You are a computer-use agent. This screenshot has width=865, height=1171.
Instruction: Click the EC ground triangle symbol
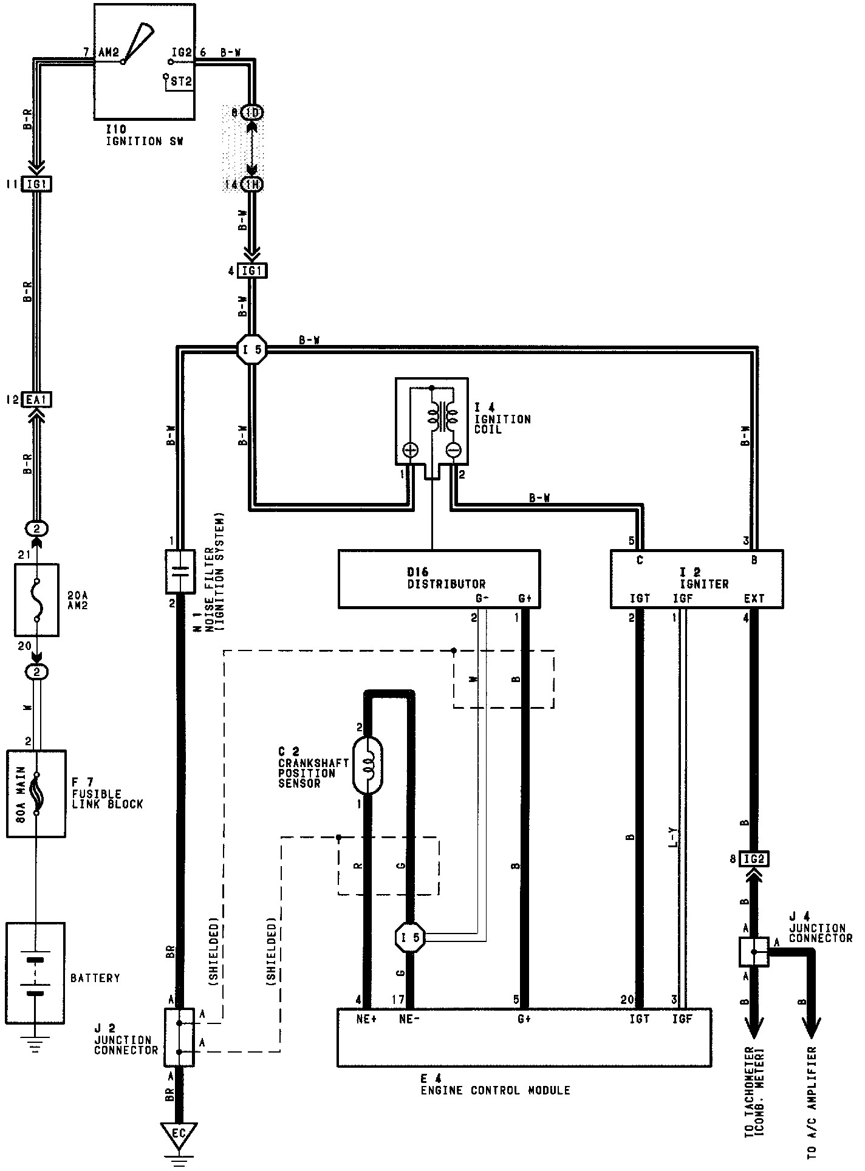[179, 1133]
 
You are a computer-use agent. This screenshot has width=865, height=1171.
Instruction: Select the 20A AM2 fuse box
[36, 599]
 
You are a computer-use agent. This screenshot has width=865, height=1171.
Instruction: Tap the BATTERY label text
[95, 978]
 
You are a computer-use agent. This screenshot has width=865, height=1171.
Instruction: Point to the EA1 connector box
[37, 400]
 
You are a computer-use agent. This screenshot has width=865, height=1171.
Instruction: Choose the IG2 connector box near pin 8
[754, 859]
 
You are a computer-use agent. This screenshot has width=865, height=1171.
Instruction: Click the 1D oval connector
[252, 112]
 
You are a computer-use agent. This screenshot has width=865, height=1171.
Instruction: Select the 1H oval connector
[252, 185]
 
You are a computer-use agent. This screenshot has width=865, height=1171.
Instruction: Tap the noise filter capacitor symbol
[180, 571]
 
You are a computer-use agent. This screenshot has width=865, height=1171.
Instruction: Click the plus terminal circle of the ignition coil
[411, 450]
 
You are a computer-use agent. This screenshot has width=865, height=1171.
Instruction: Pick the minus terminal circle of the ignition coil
[453, 450]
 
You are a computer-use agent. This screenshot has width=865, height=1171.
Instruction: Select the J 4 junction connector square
[754, 952]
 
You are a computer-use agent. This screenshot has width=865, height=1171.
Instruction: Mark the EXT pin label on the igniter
[754, 599]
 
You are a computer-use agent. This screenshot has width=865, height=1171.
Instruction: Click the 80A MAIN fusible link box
[36, 794]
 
